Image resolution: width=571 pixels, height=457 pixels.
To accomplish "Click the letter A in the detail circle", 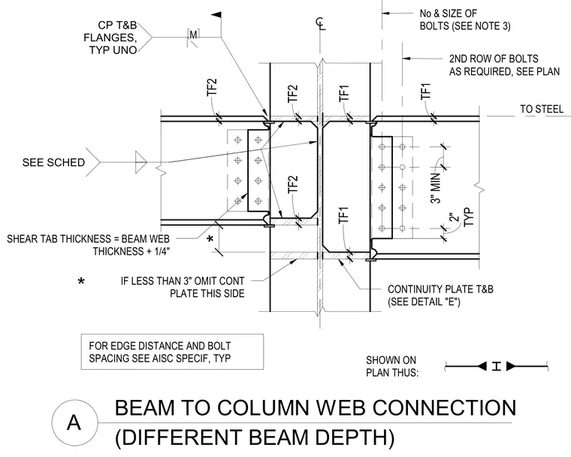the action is pos(74,422).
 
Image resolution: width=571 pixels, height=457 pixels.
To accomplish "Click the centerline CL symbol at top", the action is pos(320,24).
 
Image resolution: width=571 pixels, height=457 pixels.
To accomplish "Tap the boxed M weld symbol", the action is pos(193,35).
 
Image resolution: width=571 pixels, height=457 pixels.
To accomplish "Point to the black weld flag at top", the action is pos(216,15).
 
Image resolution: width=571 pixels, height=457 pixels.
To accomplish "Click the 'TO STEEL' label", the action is pos(542,109).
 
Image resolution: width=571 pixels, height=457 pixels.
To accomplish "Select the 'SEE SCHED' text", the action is pos(53,162).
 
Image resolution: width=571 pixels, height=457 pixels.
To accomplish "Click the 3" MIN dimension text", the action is pos(436,188).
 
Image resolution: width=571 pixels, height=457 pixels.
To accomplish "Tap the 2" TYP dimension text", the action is pos(462,217).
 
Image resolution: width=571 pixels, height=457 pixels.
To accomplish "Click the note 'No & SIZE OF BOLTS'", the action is pos(465,20).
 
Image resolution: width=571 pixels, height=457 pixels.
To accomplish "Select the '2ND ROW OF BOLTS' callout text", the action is pos(504,65).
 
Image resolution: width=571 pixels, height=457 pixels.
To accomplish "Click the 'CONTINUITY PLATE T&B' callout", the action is pos(440,295).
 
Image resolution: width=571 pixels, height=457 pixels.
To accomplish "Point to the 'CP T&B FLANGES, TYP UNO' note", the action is pos(110,38).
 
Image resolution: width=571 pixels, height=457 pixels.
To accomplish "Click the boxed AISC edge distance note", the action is pos(172,352).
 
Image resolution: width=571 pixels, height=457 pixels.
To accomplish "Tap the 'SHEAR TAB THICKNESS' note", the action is pos(89,245).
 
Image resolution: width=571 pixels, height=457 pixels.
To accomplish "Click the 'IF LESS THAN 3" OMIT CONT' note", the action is pos(183,287).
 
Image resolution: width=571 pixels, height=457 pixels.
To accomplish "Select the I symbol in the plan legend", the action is pos(497,366).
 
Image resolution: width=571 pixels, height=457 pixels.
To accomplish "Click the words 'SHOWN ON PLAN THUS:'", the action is pos(392,366).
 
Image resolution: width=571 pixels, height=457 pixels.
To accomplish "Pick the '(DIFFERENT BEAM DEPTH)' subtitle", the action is pos(255,437).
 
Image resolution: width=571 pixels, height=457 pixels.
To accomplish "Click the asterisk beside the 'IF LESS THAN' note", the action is pos(81,281).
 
